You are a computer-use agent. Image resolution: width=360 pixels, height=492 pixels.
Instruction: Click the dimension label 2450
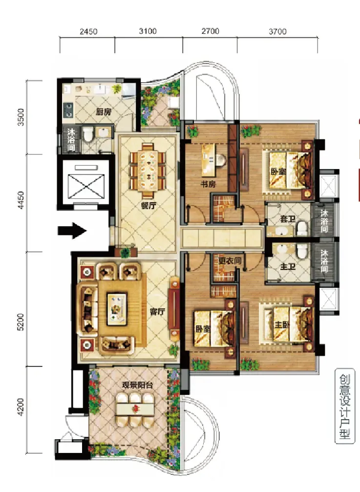pyautogui.click(x=88, y=31)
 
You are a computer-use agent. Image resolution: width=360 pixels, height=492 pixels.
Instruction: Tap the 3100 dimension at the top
pyautogui.click(x=148, y=31)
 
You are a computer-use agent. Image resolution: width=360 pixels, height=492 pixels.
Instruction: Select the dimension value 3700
pyautogui.click(x=277, y=31)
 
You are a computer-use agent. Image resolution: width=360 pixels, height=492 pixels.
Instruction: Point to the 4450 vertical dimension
pyautogui.click(x=21, y=200)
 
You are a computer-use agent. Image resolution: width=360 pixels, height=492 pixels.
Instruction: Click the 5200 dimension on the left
pyautogui.click(x=21, y=322)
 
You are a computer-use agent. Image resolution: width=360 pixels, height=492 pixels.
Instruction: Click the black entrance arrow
pyautogui.click(x=72, y=231)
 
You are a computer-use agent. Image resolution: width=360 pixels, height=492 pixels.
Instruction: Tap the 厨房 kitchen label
pyautogui.click(x=104, y=112)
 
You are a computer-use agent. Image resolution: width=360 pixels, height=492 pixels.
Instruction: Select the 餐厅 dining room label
pyautogui.click(x=148, y=206)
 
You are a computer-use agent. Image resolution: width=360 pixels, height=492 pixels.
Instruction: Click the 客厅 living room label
pyautogui.click(x=157, y=312)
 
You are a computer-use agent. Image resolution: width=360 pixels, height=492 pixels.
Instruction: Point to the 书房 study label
pyautogui.click(x=208, y=184)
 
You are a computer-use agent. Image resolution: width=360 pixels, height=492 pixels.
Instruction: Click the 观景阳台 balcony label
pyautogui.click(x=137, y=385)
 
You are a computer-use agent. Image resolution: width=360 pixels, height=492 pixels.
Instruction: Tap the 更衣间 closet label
pyautogui.click(x=230, y=260)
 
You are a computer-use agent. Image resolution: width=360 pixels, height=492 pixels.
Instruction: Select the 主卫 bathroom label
pyautogui.click(x=288, y=267)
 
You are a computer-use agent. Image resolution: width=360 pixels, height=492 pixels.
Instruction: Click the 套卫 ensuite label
pyautogui.click(x=288, y=219)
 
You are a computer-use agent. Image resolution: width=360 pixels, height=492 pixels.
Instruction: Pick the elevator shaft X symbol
pyautogui.click(x=86, y=186)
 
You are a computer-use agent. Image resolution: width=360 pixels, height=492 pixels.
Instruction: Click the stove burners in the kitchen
pyautogui.click(x=68, y=110)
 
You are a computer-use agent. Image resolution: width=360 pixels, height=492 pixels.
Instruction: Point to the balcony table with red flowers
pyautogui.click(x=135, y=409)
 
